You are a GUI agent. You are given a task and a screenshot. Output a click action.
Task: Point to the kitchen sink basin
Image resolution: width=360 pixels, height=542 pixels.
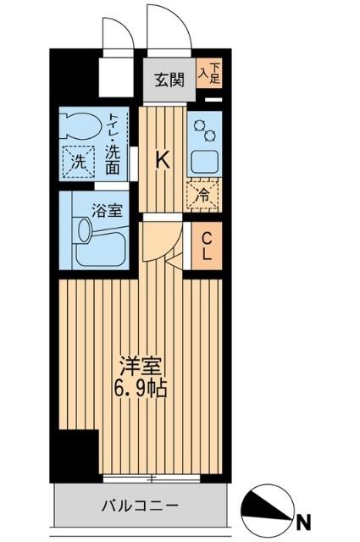coord(203,161)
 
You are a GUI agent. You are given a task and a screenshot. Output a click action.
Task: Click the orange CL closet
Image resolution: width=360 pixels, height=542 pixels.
coord(206,246)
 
